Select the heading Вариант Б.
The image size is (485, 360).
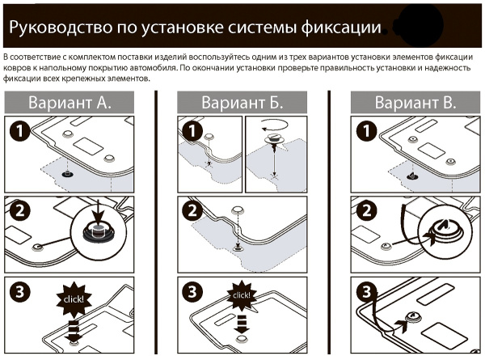click(x=242, y=103)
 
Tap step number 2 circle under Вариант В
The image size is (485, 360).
click(x=364, y=213)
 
